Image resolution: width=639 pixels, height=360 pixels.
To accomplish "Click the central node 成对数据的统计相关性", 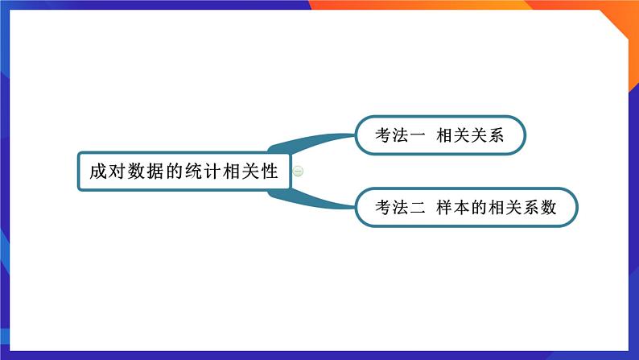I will pyautogui.click(x=183, y=171).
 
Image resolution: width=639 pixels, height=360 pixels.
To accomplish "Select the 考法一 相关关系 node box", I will pyautogui.click(x=439, y=135).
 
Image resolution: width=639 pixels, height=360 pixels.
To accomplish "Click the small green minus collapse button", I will pyautogui.click(x=298, y=171).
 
